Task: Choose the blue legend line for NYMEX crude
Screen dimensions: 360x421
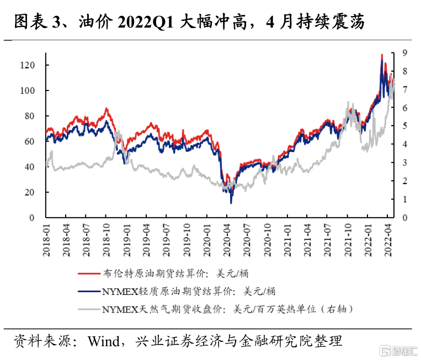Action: pyautogui.click(x=89, y=291)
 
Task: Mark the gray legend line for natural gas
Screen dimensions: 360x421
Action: pyautogui.click(x=89, y=309)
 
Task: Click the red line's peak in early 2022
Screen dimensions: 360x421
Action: pyautogui.click(x=382, y=55)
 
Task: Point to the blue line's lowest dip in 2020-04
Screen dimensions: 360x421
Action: pyautogui.click(x=231, y=202)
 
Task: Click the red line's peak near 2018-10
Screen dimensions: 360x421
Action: pyautogui.click(x=106, y=109)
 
